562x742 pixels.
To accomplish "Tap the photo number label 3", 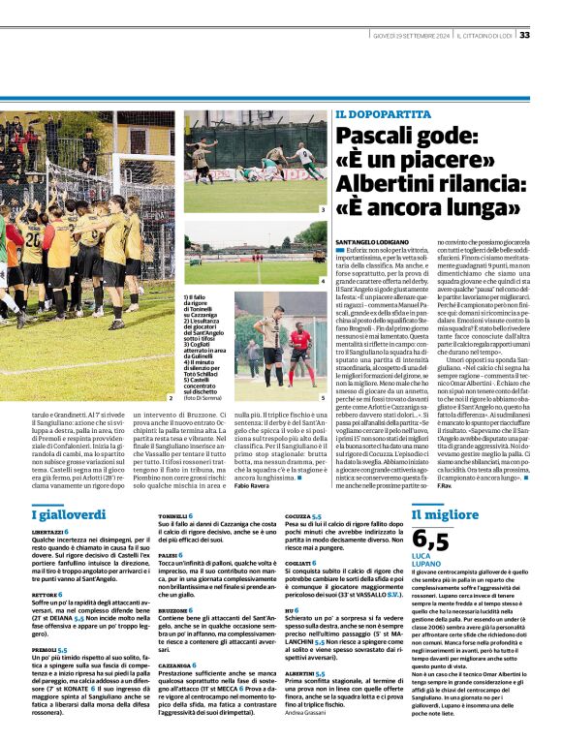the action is click(322, 208).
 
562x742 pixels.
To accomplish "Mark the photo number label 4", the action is click(322, 281).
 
